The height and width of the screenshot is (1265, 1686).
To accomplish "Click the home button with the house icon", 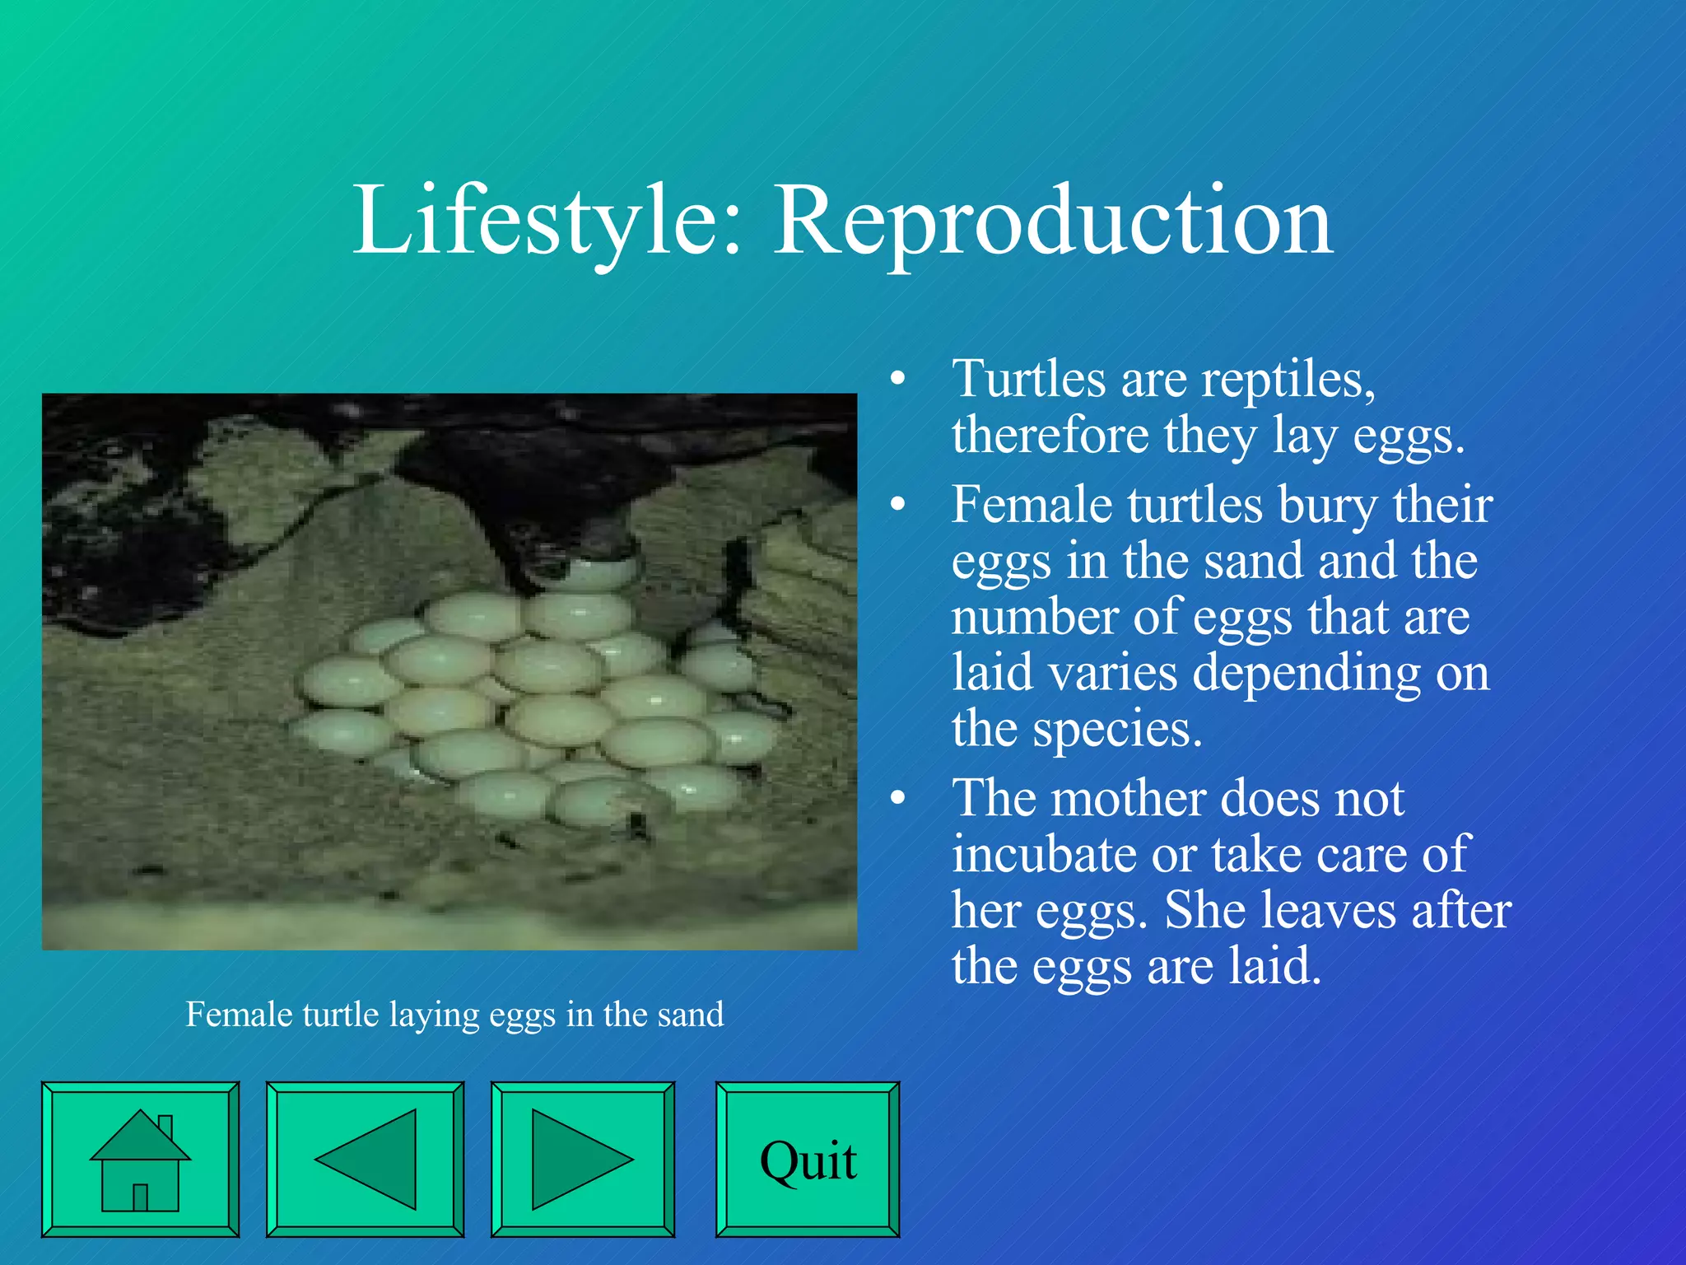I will pos(140,1159).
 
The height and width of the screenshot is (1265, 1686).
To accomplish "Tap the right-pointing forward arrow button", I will pos(582,1159).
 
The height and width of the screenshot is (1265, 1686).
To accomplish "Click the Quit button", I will pos(807,1159).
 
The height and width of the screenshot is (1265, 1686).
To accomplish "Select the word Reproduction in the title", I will pos(1053,221).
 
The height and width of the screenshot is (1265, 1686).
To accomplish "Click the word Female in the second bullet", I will pos(1032,504).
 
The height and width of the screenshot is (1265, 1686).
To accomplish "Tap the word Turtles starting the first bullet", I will pos(1029,380).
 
